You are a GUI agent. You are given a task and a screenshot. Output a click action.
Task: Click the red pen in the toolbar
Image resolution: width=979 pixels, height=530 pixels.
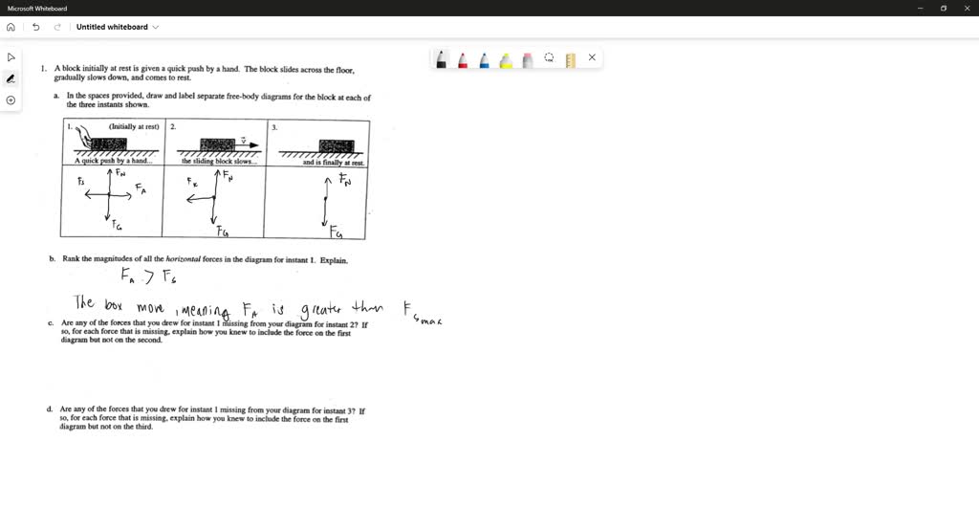pyautogui.click(x=463, y=59)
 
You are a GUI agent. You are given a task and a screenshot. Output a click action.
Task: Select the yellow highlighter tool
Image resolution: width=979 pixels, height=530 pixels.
pyautogui.click(x=506, y=59)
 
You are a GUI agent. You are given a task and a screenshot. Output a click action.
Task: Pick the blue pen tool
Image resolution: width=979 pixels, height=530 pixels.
pyautogui.click(x=484, y=59)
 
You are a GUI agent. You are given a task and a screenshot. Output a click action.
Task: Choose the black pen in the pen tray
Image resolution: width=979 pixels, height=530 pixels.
pyautogui.click(x=441, y=59)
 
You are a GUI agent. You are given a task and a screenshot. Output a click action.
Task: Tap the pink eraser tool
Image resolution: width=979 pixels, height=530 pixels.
pyautogui.click(x=527, y=59)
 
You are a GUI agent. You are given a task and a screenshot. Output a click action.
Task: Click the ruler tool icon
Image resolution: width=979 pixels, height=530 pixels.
pyautogui.click(x=571, y=59)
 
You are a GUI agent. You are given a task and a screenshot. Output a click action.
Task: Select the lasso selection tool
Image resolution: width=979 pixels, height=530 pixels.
pyautogui.click(x=549, y=57)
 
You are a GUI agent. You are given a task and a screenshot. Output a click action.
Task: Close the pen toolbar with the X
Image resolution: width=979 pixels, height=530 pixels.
pyautogui.click(x=592, y=57)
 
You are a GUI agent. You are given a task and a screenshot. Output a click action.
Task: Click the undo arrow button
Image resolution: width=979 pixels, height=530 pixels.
pyautogui.click(x=35, y=27)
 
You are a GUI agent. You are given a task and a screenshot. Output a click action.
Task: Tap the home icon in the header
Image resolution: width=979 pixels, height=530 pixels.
pyautogui.click(x=11, y=27)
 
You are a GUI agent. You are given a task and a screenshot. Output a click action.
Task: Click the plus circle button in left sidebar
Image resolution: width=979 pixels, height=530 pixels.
pyautogui.click(x=11, y=100)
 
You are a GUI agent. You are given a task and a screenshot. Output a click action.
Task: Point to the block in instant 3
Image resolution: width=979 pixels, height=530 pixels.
pyautogui.click(x=336, y=145)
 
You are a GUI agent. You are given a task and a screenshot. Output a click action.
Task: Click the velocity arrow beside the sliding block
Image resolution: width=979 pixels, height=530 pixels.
pyautogui.click(x=247, y=144)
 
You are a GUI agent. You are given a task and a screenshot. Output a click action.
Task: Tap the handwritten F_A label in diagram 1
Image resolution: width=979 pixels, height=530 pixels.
pyautogui.click(x=141, y=190)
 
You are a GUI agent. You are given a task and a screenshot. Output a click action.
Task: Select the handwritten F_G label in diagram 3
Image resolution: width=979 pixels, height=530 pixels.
pyautogui.click(x=336, y=232)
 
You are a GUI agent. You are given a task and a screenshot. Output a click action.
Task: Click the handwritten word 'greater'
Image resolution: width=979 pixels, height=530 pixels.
pyautogui.click(x=320, y=309)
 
